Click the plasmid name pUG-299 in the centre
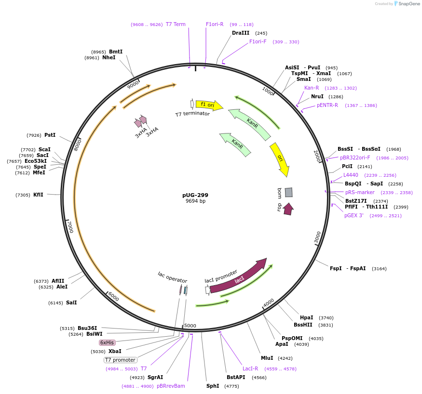(195, 195)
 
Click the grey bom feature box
(288, 192)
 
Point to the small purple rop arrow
(288, 209)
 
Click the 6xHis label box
(107, 342)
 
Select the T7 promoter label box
(121, 360)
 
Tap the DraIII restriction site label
(241, 33)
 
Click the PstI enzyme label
(50, 135)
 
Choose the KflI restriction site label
(38, 195)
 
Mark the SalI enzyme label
(71, 302)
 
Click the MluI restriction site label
(267, 358)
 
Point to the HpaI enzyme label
(306, 317)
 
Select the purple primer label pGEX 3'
(354, 215)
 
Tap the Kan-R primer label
(312, 88)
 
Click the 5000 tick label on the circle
(190, 326)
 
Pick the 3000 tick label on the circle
(317, 237)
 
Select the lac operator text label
(172, 277)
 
